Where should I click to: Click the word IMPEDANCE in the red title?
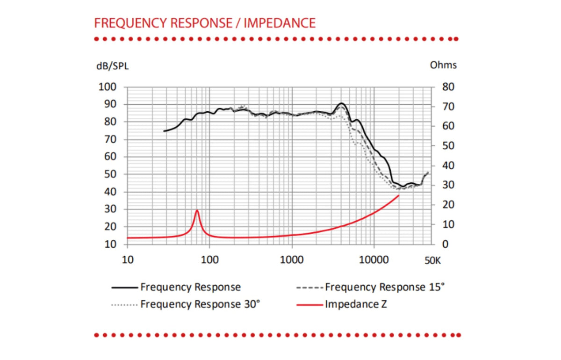tap(280, 23)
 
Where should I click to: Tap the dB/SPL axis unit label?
tap(113, 66)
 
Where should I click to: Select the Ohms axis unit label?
tap(443, 65)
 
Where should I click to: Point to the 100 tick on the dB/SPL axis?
tap(108, 87)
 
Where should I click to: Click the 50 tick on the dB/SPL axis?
tap(110, 174)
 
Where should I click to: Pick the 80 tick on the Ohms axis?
tap(448, 87)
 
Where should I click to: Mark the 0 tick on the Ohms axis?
tap(445, 244)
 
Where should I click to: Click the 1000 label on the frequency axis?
tap(292, 260)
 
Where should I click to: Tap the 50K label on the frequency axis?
tap(432, 261)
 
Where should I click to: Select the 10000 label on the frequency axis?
tap(374, 260)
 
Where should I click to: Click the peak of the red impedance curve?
tap(197, 210)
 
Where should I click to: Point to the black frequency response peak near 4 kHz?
tap(342, 103)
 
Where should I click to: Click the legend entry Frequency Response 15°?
tap(370, 287)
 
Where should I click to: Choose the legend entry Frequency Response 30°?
tap(186, 304)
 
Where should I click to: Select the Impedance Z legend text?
tap(356, 304)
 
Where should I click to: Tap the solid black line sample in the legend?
tap(125, 288)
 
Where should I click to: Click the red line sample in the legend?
tap(309, 305)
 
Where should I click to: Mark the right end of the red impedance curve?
tap(399, 195)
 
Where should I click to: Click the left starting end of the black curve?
tap(164, 131)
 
